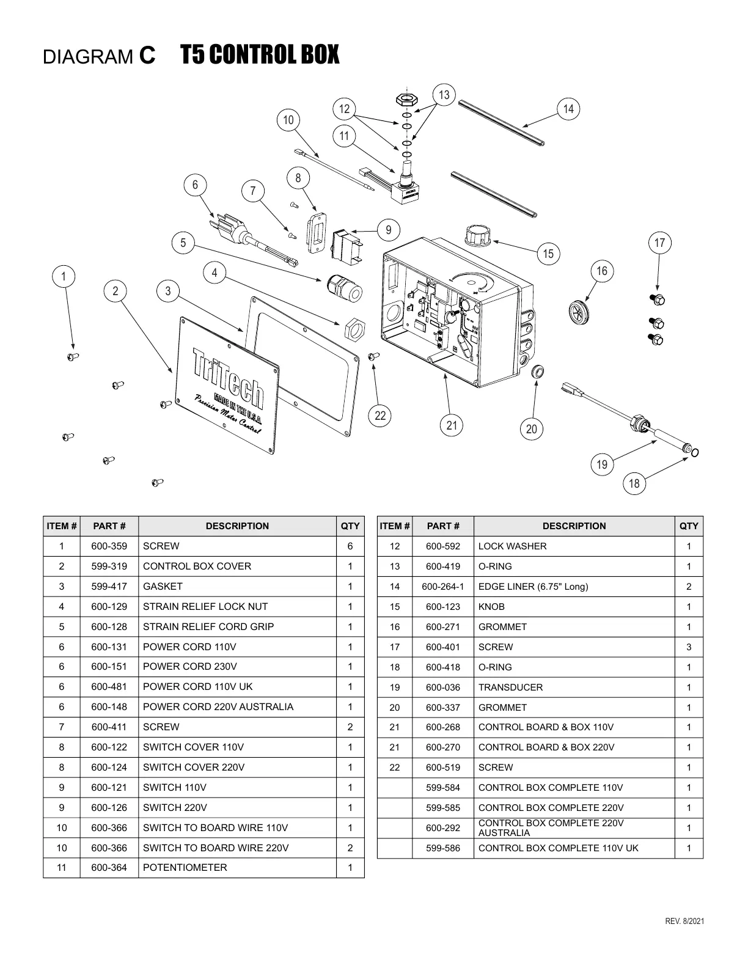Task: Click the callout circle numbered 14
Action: coord(568,109)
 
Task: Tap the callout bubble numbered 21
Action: coord(452,425)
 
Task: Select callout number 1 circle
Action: coord(64,276)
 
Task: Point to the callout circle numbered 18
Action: coord(634,484)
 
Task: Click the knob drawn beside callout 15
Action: coord(478,235)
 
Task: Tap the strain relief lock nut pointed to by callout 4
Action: coord(354,328)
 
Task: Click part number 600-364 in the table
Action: coord(109,868)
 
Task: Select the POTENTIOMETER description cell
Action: coord(185,868)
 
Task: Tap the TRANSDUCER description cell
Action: coord(510,687)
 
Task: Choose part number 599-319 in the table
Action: coord(109,566)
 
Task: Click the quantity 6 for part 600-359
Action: coord(350,546)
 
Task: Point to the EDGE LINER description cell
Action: coord(533,587)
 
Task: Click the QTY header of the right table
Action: coord(689,526)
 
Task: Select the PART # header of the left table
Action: coord(109,526)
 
